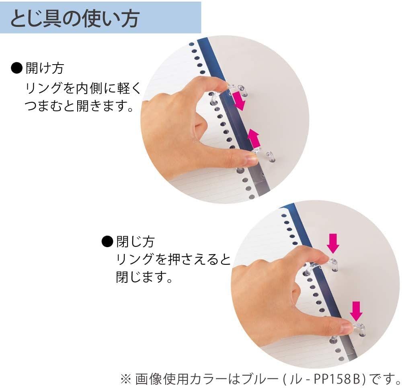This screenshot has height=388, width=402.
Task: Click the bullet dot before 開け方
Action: (16, 68)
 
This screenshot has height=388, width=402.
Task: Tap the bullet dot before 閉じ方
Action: (107, 242)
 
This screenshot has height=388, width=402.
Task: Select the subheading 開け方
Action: (45, 68)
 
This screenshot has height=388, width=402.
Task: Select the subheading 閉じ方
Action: (135, 242)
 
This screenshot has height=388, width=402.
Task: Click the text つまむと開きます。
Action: (80, 106)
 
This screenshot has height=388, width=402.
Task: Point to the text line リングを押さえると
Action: (173, 259)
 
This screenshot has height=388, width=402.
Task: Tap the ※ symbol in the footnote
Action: (126, 379)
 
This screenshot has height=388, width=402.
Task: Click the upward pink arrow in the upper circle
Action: (254, 138)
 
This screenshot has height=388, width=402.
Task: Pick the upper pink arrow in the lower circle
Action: (333, 243)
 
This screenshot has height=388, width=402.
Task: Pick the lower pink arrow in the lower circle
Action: (356, 311)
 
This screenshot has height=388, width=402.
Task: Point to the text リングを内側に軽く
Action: (83, 88)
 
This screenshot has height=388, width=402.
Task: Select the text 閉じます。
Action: (144, 277)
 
